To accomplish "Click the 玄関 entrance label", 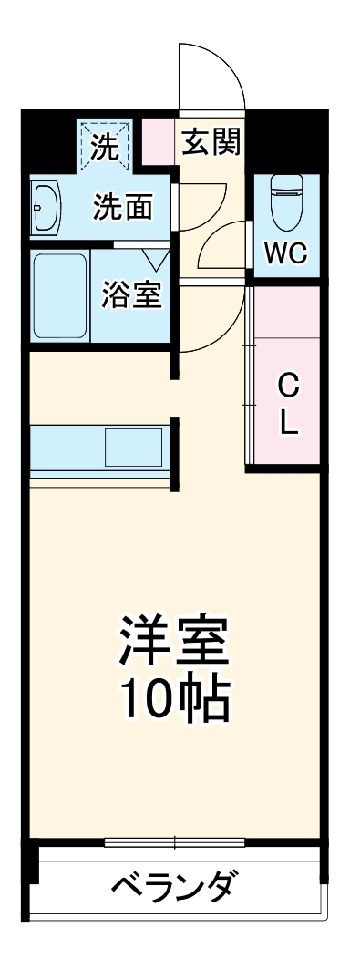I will (211, 142).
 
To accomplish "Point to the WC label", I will (285, 254).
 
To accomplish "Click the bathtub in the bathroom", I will (59, 296).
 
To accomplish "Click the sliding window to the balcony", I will (177, 840).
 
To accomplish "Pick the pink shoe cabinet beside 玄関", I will (156, 141).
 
